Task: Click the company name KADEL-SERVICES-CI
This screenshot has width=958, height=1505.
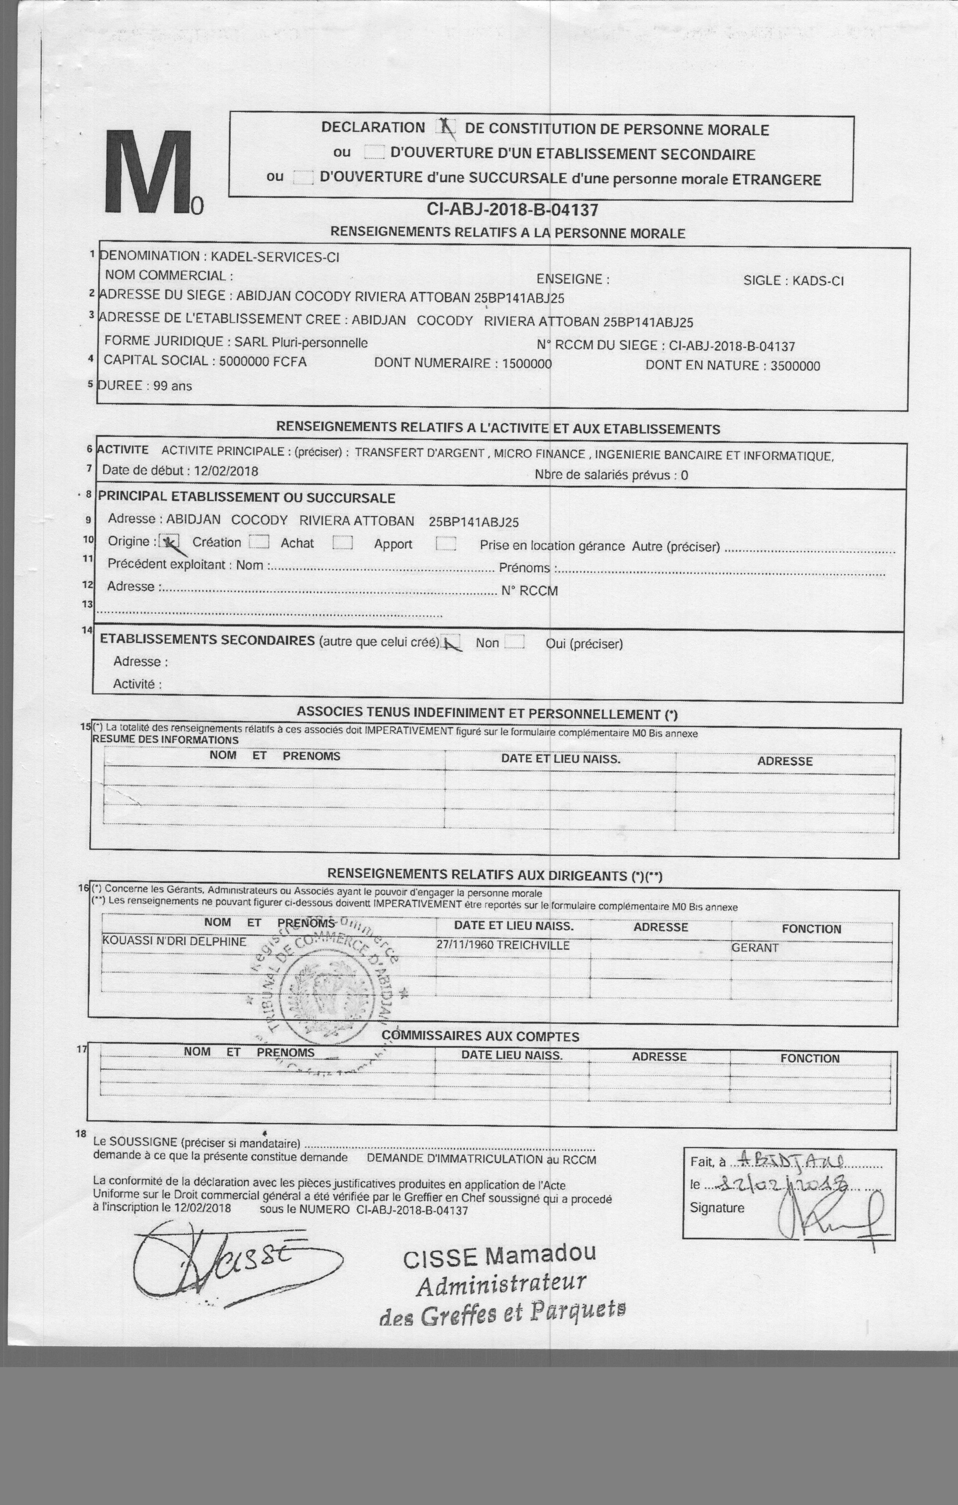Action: (x=275, y=257)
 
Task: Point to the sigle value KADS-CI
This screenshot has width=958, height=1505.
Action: (x=818, y=281)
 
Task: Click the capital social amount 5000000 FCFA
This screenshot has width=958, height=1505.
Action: (x=263, y=361)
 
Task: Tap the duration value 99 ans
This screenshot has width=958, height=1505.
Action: (x=173, y=386)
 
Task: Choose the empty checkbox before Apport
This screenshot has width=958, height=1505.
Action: (x=343, y=543)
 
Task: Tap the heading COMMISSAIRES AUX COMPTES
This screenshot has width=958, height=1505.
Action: (x=480, y=1036)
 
